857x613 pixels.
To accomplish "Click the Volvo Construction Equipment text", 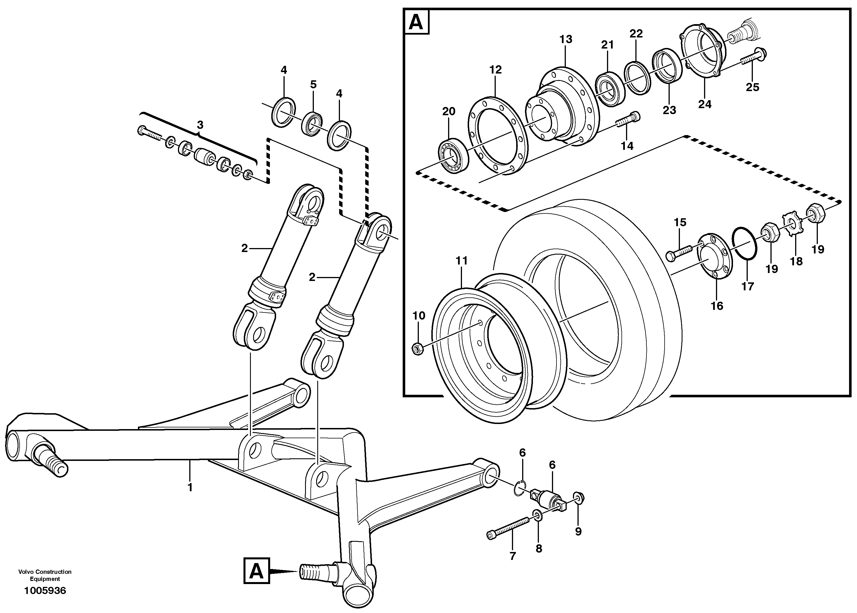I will coord(45,575).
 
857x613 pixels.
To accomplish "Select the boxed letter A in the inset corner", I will coord(416,22).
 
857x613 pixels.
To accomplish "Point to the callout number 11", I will coord(461,261).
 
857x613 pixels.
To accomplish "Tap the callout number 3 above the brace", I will coord(200,125).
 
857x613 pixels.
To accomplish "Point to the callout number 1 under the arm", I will coord(190,487).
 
